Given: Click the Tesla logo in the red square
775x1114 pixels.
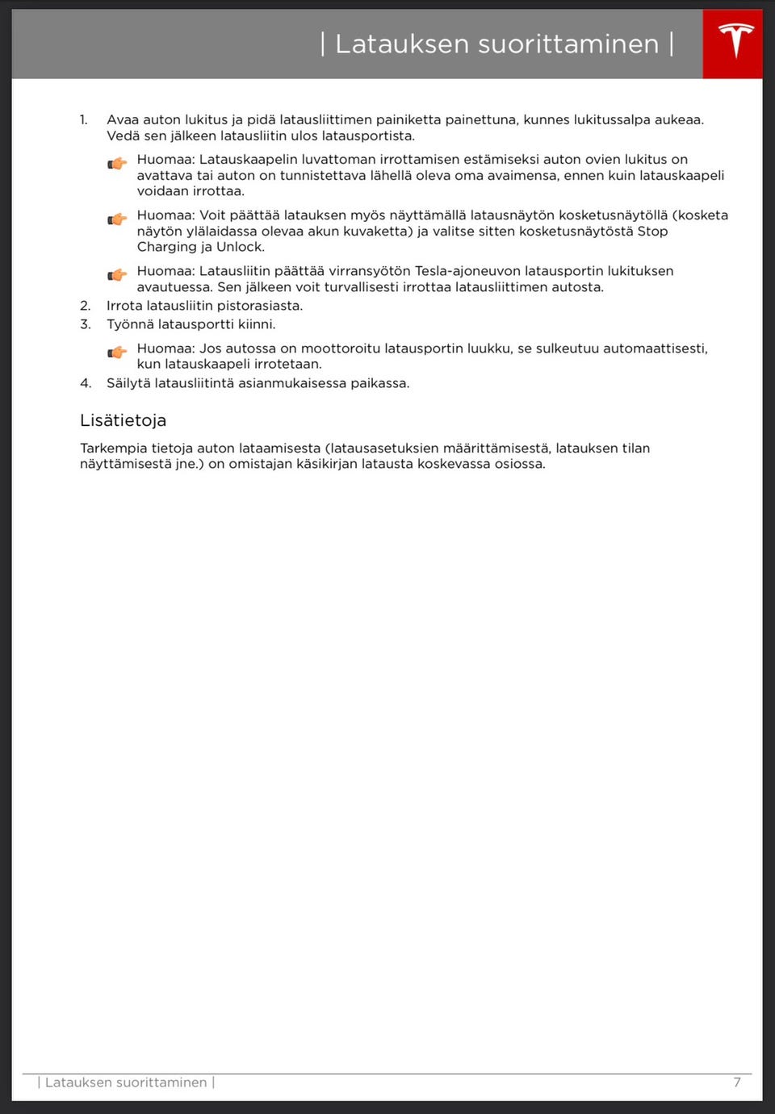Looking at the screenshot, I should tap(735, 42).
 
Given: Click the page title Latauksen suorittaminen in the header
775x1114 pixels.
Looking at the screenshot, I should tap(496, 44).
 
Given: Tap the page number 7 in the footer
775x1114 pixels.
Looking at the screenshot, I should tap(736, 1083).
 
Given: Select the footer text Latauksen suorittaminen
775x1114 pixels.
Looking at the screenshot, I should tap(126, 1083).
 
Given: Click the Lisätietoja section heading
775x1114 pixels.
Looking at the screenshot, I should tap(123, 420).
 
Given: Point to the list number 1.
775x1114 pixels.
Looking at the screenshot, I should tap(84, 120).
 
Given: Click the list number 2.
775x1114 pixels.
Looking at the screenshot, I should tap(85, 306).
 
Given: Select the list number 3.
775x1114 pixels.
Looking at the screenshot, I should tap(85, 324).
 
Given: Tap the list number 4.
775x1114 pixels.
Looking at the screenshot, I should tap(85, 383).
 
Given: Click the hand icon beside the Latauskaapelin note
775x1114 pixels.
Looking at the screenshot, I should tap(118, 163).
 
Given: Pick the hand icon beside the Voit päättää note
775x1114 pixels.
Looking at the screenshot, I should tap(118, 219).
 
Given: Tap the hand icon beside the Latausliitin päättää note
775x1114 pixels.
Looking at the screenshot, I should tap(118, 274).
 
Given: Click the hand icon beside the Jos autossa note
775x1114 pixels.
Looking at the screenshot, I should tap(118, 352).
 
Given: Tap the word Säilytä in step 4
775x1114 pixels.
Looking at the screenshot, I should tap(128, 383).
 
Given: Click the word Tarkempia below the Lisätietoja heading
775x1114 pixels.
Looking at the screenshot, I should tap(113, 449).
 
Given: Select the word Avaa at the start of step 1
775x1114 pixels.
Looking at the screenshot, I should tap(122, 120).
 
